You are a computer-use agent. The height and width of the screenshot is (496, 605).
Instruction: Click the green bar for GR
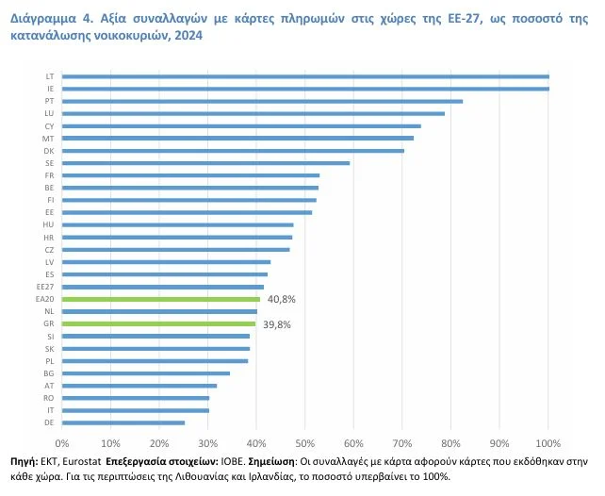coord(159,323)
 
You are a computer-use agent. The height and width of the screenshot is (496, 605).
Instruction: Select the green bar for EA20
coord(161,299)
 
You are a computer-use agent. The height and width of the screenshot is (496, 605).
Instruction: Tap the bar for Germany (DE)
coord(123,422)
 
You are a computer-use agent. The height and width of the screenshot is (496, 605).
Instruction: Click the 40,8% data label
coord(282,299)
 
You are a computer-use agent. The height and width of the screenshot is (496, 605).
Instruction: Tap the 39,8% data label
coord(277,323)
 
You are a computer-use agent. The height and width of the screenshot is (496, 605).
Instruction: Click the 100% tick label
coord(548,442)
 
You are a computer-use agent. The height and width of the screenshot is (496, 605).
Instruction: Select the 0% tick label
coord(62,442)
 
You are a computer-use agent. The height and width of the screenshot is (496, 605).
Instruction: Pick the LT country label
coord(49,76)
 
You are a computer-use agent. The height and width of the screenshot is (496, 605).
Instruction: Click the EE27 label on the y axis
coord(44,286)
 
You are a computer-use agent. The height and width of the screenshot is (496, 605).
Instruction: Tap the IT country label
coord(49,410)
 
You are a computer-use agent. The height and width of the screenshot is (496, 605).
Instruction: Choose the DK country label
coord(49,151)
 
